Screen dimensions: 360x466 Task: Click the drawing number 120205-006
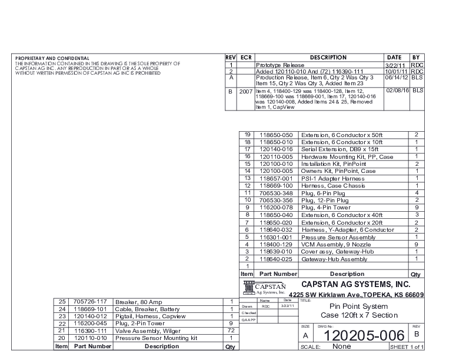(x=361, y=336)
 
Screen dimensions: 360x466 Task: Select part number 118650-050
(x=277, y=135)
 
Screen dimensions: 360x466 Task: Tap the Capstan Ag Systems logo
(x=264, y=287)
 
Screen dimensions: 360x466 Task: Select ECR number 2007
(x=246, y=91)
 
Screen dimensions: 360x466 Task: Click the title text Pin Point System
(x=358, y=306)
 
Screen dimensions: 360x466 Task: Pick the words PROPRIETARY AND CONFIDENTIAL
(x=52, y=59)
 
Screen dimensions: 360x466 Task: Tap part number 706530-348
(x=277, y=193)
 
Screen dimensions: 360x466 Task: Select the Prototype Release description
(x=280, y=65)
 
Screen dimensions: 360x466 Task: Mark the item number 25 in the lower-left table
(x=61, y=301)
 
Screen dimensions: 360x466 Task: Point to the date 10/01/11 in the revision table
(x=397, y=71)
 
